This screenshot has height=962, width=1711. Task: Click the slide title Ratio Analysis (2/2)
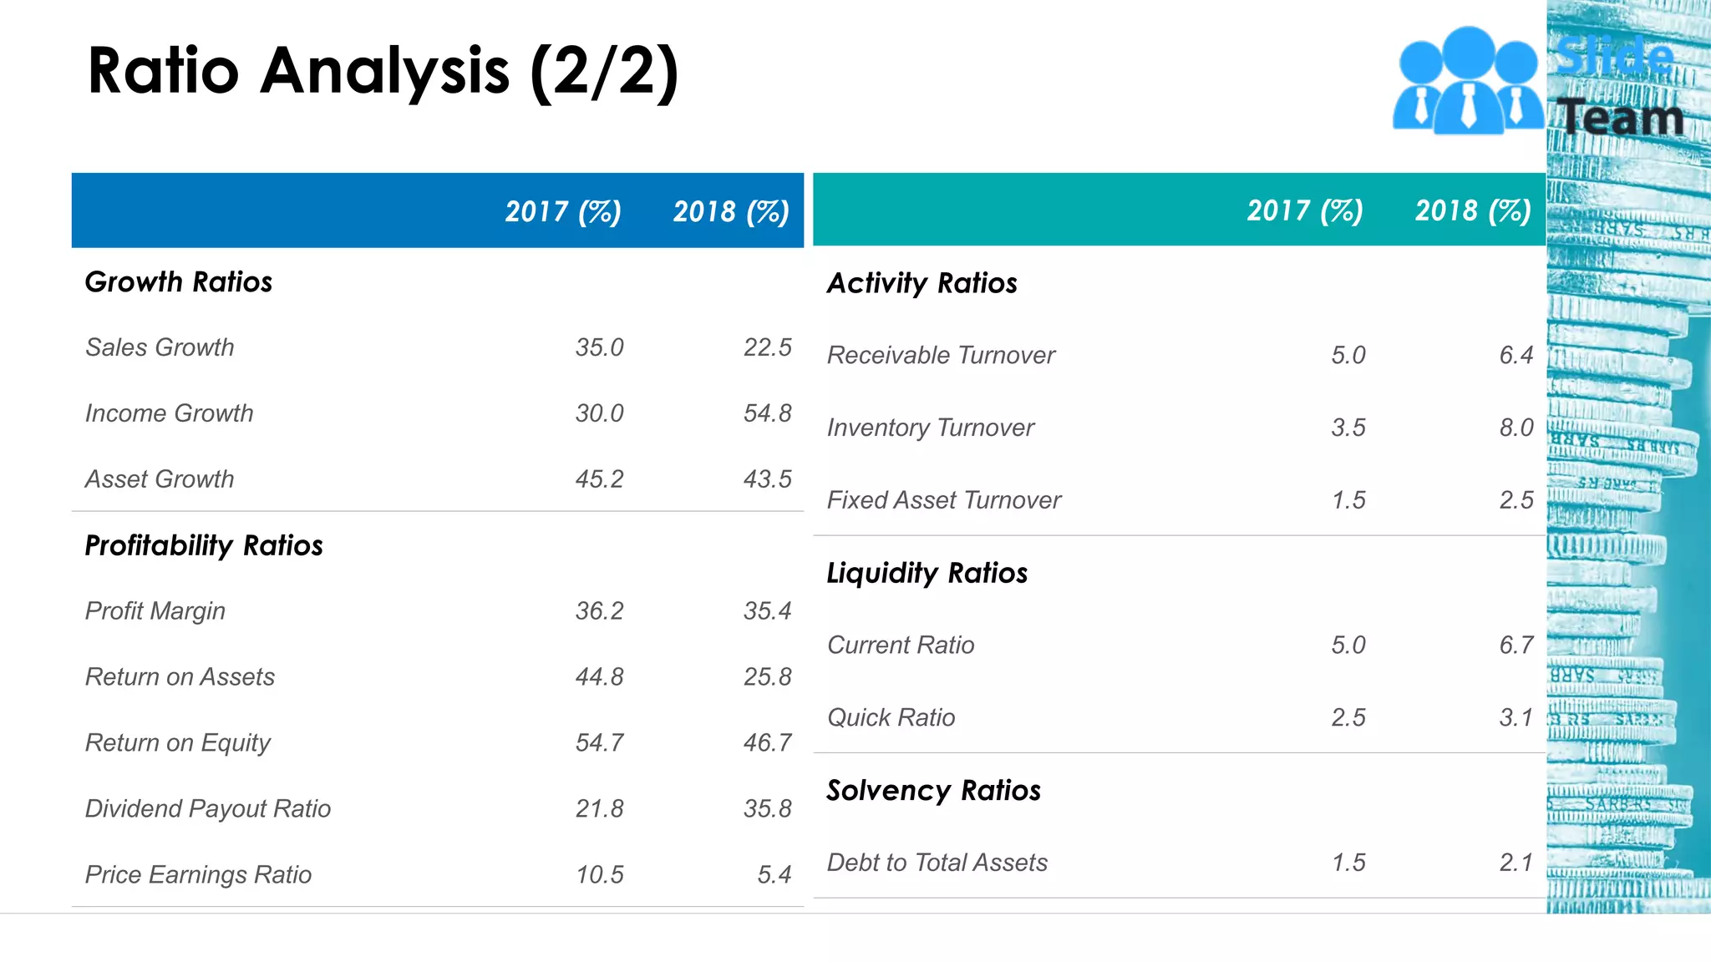click(x=383, y=72)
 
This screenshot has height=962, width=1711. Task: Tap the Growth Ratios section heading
click(x=179, y=282)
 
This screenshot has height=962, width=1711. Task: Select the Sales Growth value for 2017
click(x=599, y=347)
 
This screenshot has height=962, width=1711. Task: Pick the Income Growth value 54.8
click(x=767, y=413)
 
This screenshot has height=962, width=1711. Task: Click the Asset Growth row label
click(x=160, y=479)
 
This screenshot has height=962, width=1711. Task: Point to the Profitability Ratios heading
click(x=204, y=545)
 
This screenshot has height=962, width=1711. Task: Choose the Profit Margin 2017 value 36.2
click(x=599, y=611)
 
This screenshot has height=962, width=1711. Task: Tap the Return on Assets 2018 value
click(x=767, y=677)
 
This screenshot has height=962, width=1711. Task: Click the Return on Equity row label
click(x=178, y=743)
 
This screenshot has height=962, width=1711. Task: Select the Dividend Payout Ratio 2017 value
click(x=599, y=809)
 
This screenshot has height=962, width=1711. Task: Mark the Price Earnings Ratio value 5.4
click(x=774, y=875)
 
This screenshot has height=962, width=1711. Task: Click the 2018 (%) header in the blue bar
click(x=731, y=212)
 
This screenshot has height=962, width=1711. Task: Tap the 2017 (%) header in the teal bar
click(x=1305, y=210)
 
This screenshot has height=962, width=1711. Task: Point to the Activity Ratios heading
click(x=922, y=284)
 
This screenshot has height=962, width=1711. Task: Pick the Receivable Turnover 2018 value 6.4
click(x=1516, y=356)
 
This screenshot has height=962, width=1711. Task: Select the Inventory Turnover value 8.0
click(x=1516, y=428)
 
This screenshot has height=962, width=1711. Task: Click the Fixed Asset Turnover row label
click(x=944, y=500)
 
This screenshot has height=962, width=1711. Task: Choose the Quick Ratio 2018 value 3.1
click(x=1516, y=718)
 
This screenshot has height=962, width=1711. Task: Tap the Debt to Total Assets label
click(x=937, y=863)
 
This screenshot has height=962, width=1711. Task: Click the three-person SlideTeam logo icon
click(x=1468, y=82)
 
